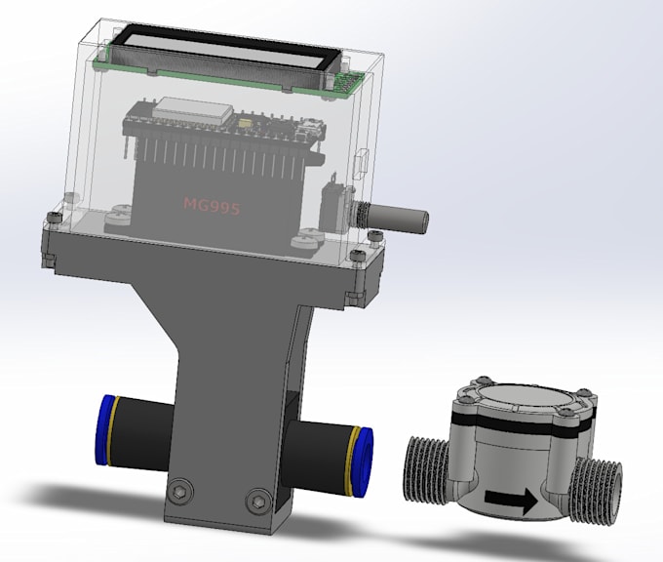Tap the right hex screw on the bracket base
257,500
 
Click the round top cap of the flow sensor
524,399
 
